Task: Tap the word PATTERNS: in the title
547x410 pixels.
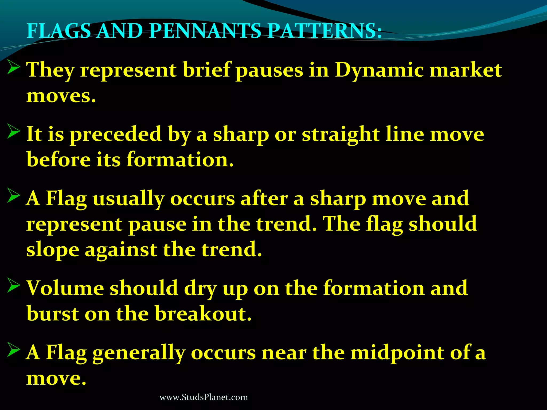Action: click(x=325, y=31)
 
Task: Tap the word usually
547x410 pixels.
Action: click(x=128, y=199)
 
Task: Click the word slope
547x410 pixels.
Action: click(x=53, y=250)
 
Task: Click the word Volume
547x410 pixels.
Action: click(x=65, y=288)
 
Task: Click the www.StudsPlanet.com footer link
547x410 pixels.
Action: click(x=204, y=397)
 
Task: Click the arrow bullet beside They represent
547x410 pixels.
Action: click(x=13, y=67)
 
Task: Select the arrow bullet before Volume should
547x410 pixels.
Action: click(x=13, y=285)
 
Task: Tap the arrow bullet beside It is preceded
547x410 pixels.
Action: click(x=13, y=131)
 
